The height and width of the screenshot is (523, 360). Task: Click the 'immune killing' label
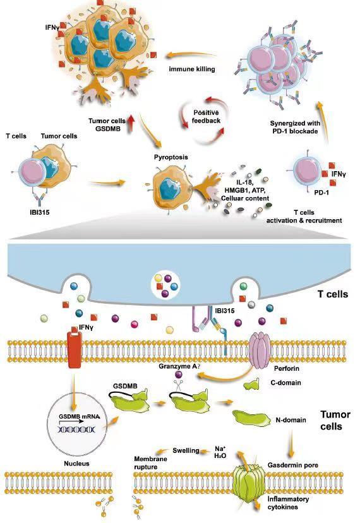pos(192,69)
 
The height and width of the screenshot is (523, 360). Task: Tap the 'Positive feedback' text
pos(206,117)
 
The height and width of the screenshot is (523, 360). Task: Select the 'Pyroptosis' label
pos(171,157)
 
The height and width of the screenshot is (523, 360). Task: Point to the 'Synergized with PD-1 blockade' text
pos(295,127)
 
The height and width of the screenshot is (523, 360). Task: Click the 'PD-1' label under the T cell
pos(321,192)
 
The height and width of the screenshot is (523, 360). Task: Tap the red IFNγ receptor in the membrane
pos(75,349)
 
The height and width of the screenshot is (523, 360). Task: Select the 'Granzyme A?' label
pos(179,366)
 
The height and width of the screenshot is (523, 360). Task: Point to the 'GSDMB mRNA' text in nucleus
pos(80,416)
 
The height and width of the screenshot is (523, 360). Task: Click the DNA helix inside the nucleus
pos(77,429)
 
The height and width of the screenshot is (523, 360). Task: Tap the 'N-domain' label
pos(291,420)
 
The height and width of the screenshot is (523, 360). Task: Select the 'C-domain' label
pos(285,383)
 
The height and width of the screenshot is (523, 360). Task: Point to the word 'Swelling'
pos(186,450)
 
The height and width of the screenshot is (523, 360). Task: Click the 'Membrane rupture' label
pos(150,462)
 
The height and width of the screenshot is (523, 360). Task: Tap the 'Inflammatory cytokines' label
pos(288,503)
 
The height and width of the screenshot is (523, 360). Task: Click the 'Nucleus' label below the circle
pos(77,463)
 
